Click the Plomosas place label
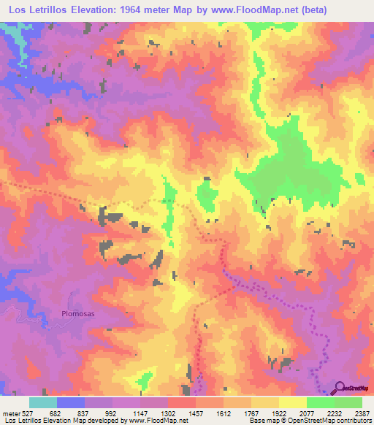point(69,315)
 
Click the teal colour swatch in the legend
point(43,402)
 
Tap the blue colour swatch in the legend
point(71,402)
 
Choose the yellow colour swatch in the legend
point(292,402)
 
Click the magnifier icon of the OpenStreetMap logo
point(340,388)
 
